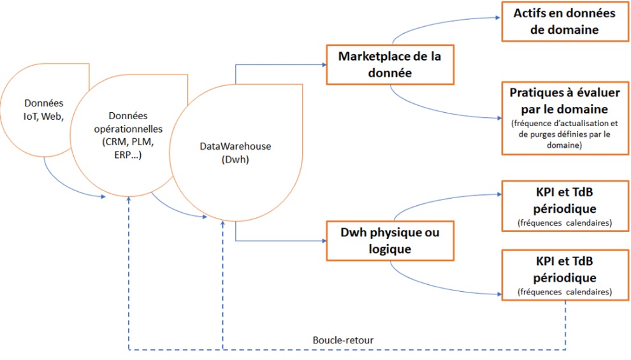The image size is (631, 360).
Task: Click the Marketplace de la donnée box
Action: coord(390,64)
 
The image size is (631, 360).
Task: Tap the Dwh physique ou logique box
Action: coord(390,241)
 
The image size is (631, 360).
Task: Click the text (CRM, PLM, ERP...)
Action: coord(128,147)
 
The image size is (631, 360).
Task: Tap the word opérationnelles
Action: coord(128,127)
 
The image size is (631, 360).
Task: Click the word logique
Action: coord(390,249)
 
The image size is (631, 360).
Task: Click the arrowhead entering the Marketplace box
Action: coord(322,64)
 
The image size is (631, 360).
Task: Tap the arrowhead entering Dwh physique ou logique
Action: coord(322,241)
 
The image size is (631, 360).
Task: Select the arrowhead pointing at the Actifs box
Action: coord(498,18)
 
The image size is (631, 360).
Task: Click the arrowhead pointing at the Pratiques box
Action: coord(498,118)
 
